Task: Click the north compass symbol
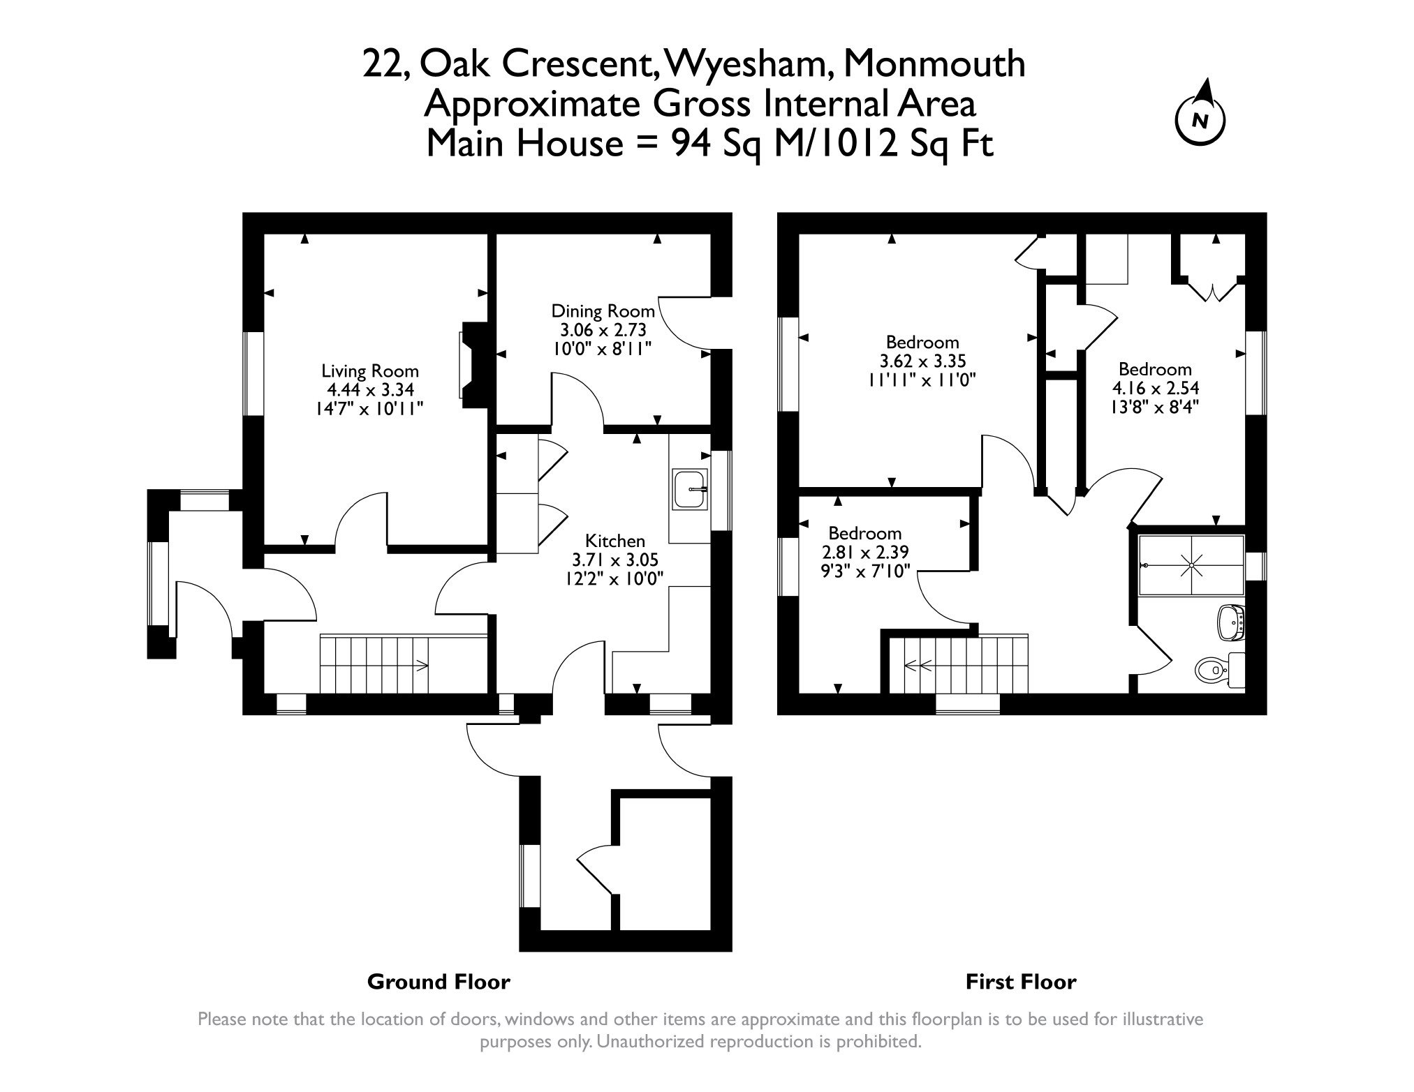tap(1200, 119)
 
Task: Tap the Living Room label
tap(369, 371)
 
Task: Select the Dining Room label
tap(603, 311)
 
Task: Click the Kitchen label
tap(614, 541)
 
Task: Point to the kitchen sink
tap(690, 488)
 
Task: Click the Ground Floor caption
tap(439, 982)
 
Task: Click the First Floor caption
tap(1020, 982)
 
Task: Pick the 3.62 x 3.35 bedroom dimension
tap(922, 361)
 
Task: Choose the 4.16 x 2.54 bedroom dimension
tap(1154, 388)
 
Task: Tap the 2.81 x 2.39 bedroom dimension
tap(864, 553)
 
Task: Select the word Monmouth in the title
tap(935, 64)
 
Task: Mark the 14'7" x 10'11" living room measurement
tap(369, 409)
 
